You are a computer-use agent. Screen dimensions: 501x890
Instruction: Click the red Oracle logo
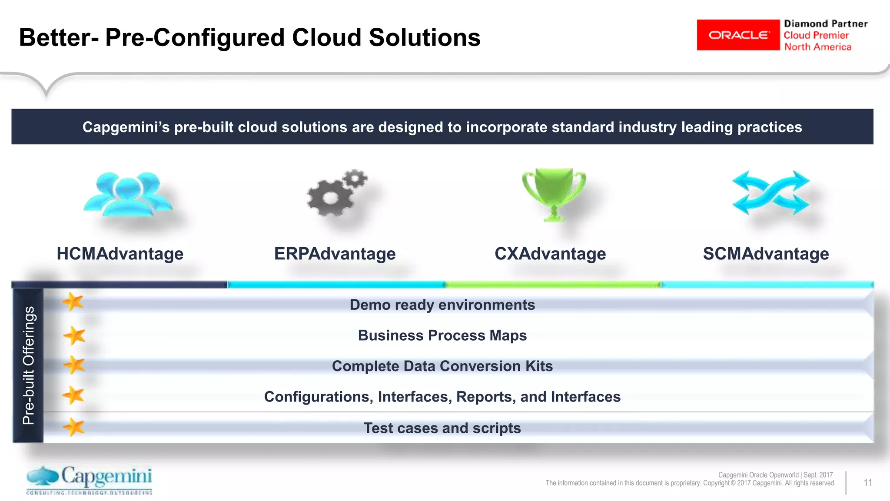[738, 35]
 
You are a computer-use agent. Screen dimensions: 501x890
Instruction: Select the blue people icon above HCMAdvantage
[127, 194]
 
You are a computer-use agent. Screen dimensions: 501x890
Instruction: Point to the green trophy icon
[554, 194]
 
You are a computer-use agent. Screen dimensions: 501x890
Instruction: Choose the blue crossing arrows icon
[770, 192]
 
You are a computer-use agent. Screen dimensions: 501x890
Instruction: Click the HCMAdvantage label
[120, 254]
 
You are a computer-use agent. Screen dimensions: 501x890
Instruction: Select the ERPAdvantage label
[335, 254]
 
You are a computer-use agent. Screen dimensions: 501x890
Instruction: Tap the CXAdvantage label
[550, 254]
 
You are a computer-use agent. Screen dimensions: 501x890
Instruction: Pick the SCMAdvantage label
[766, 254]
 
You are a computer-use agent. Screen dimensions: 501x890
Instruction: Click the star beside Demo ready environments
[73, 302]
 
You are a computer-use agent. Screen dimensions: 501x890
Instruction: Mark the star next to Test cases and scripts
[73, 427]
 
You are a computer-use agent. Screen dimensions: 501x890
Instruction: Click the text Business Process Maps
[442, 335]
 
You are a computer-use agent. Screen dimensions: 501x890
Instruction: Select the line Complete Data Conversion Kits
[442, 366]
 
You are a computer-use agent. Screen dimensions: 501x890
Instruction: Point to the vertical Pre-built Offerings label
[28, 365]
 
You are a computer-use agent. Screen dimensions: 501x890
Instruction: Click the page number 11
[867, 483]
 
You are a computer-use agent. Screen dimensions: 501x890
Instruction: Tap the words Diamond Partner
[825, 24]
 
